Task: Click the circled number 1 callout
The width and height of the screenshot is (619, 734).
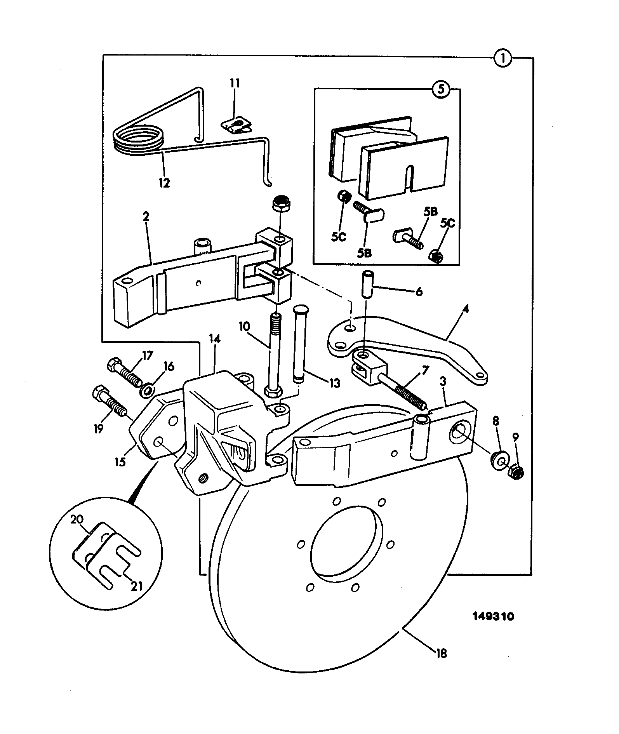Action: coord(503,58)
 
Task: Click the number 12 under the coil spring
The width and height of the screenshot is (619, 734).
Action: coord(164,183)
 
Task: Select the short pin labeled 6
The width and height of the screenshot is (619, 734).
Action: coord(367,285)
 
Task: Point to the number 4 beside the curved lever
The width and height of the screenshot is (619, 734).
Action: coord(466,311)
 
